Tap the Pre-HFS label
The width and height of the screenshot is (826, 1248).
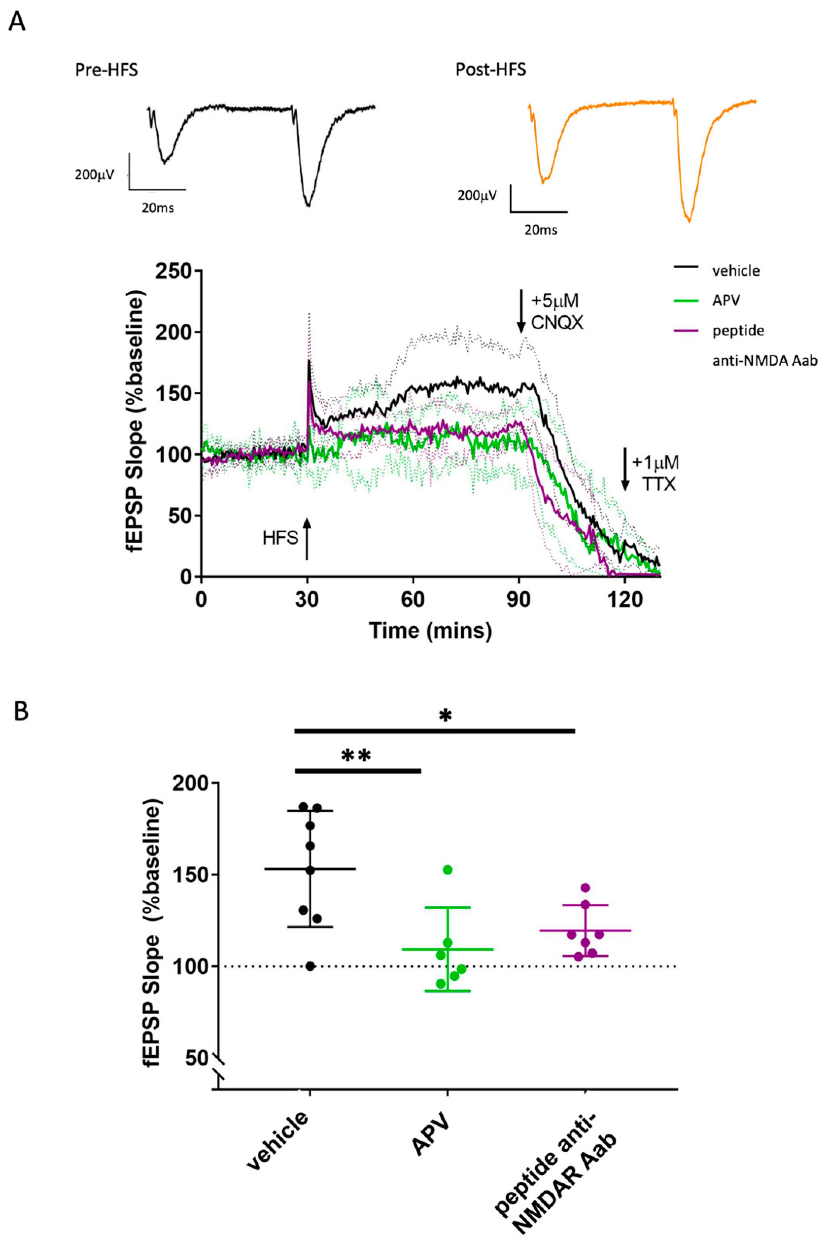click(106, 70)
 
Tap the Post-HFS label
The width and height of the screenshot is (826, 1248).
click(490, 70)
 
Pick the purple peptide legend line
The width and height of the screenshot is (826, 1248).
click(687, 330)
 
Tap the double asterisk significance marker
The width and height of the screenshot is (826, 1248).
click(357, 756)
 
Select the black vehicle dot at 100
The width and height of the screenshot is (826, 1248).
click(310, 966)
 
